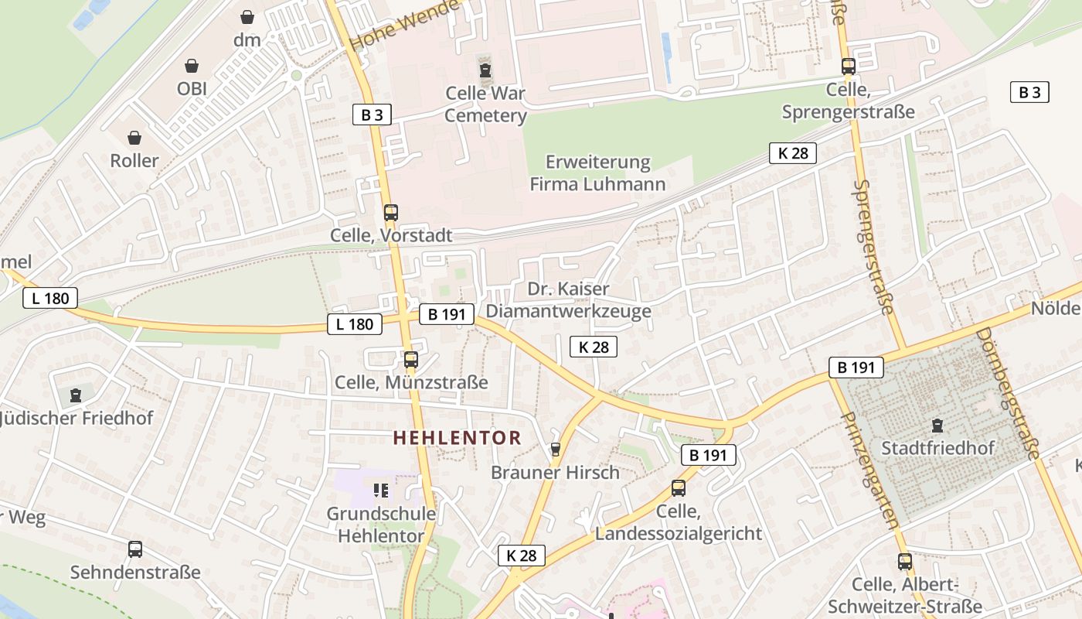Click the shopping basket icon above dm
[247, 16]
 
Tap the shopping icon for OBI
[192, 67]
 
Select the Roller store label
[134, 160]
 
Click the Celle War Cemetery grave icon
[485, 71]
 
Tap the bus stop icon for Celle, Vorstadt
[391, 212]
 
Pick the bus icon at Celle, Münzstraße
[411, 360]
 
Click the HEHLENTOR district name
[457, 438]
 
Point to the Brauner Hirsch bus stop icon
[555, 450]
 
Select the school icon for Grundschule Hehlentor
[380, 490]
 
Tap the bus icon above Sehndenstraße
[135, 549]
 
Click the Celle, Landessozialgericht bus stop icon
[679, 488]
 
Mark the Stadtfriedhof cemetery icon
[937, 425]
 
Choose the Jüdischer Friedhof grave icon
[76, 395]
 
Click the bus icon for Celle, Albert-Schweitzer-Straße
[905, 562]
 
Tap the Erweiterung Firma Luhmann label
[597, 173]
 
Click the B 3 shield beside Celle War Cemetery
[372, 115]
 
